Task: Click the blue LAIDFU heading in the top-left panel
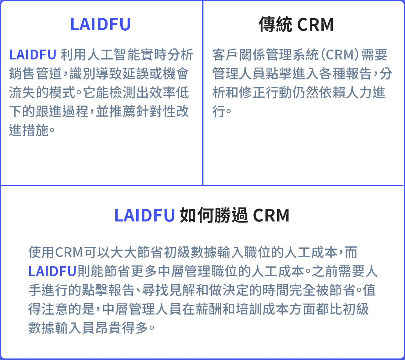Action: point(101,24)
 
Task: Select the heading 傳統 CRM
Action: point(296,24)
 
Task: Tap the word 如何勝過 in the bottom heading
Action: point(214,215)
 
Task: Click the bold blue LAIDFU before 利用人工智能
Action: point(33,55)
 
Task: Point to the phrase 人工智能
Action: point(113,55)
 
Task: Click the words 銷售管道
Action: point(36,73)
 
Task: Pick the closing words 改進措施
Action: point(29,130)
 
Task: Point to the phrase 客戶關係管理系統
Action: point(265,55)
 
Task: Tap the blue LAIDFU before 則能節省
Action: point(53,271)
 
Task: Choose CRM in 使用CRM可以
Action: point(69,252)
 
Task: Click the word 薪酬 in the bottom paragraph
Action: point(209,309)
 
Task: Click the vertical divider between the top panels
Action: point(203,93)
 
